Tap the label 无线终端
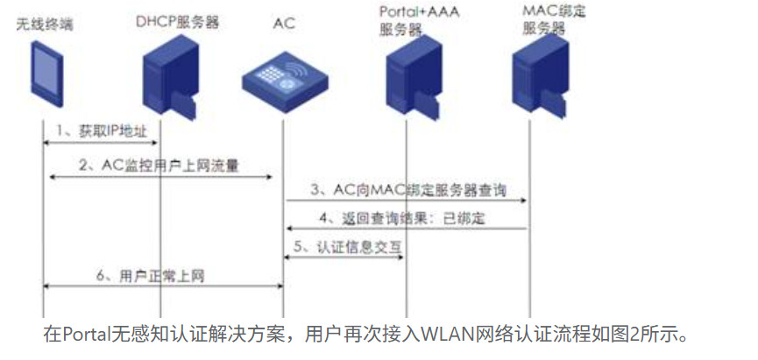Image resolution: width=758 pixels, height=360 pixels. (x=45, y=23)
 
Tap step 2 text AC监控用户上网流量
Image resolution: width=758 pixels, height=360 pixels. (x=159, y=163)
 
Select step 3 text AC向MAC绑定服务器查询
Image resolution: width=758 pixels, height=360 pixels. (x=407, y=189)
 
